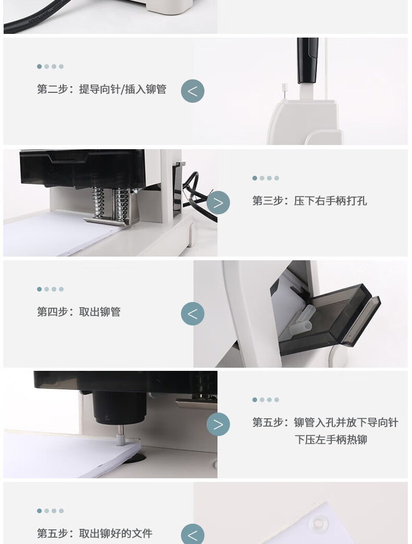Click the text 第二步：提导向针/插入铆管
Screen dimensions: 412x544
pos(102,89)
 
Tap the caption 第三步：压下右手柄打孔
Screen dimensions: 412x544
pos(309,200)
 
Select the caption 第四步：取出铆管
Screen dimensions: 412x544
pos(79,311)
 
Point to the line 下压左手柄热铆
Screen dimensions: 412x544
pos(331,440)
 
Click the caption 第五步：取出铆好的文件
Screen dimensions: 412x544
pos(95,533)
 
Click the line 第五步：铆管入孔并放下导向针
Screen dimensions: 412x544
pos(325,422)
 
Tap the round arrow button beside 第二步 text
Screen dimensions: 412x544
pos(192,91)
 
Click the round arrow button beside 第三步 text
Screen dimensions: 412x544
pos(218,202)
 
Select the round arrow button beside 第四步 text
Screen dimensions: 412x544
pos(192,313)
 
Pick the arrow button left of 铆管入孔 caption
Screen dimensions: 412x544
pos(218,425)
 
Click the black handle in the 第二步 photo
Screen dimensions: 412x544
pos(307,61)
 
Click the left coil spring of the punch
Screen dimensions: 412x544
pos(98,203)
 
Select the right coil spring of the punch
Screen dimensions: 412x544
pos(122,205)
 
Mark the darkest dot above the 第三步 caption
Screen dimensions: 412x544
pos(255,178)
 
